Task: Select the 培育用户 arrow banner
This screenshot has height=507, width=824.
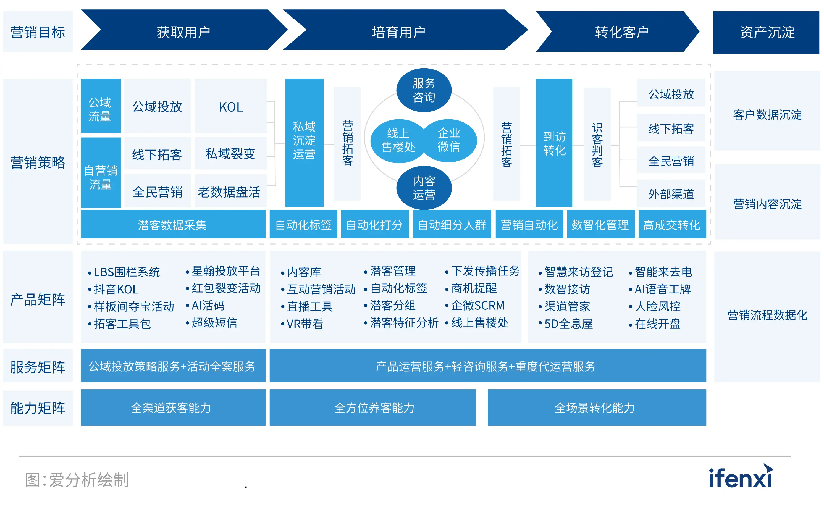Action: pyautogui.click(x=398, y=32)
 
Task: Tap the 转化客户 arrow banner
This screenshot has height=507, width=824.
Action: pyautogui.click(x=621, y=32)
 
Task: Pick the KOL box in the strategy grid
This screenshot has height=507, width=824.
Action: pyautogui.click(x=231, y=107)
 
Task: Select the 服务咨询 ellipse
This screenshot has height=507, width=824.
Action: pyautogui.click(x=424, y=90)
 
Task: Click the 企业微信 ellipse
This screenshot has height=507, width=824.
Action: pyautogui.click(x=449, y=140)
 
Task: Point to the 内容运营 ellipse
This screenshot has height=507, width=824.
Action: pyautogui.click(x=424, y=188)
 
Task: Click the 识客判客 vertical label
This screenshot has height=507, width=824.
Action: pyautogui.click(x=597, y=144)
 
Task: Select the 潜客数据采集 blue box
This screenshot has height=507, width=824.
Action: pyautogui.click(x=172, y=225)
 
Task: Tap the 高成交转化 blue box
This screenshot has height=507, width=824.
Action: pyautogui.click(x=672, y=225)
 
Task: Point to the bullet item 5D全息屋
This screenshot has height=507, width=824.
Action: pyautogui.click(x=568, y=324)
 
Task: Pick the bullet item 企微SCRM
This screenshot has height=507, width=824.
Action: pyautogui.click(x=477, y=306)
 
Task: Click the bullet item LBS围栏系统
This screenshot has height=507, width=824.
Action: pyautogui.click(x=127, y=272)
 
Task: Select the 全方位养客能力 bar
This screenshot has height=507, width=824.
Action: pyautogui.click(x=374, y=408)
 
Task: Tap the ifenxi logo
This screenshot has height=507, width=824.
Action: pyautogui.click(x=741, y=477)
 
